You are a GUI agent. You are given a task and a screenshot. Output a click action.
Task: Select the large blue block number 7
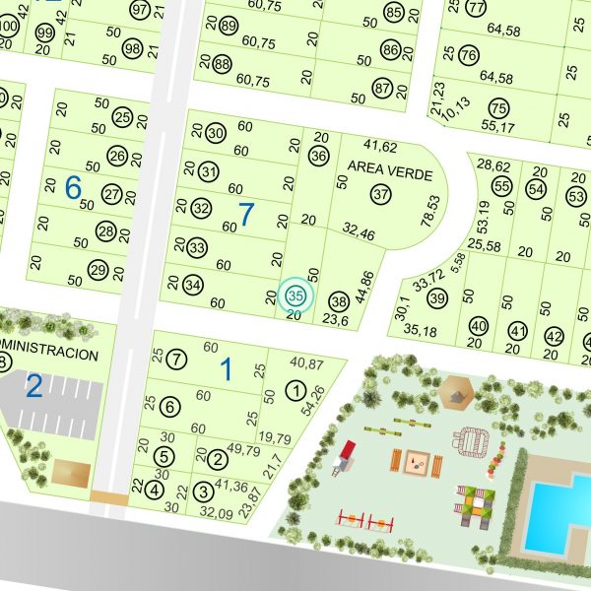[x=246, y=212]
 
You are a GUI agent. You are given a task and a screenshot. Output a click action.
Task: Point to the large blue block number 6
[x=73, y=186]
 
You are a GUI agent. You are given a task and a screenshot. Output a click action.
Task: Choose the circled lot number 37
[x=381, y=194]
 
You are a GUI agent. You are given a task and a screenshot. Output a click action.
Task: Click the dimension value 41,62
[x=380, y=146]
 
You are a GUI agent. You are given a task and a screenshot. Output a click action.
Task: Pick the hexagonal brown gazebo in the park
[x=454, y=391]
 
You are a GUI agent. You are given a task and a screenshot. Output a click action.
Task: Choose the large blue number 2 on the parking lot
[x=33, y=386]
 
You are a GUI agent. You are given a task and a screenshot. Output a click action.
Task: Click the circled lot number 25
[x=122, y=118]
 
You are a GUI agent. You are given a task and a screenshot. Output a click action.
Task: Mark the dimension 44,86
[x=363, y=284]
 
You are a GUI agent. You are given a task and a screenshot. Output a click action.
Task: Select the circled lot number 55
[x=501, y=186]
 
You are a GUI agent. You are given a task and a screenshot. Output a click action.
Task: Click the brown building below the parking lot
[x=69, y=471]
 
